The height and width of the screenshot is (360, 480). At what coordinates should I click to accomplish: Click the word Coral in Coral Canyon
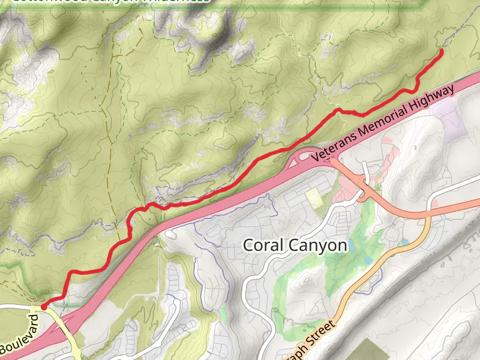[264, 245]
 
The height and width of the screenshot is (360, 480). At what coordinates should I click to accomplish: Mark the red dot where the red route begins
[44, 307]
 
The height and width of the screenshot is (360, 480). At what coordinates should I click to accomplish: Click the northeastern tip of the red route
[442, 52]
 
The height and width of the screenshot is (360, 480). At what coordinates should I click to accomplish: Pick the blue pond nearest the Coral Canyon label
[367, 260]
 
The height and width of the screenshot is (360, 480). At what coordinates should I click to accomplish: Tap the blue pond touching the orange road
[404, 242]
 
